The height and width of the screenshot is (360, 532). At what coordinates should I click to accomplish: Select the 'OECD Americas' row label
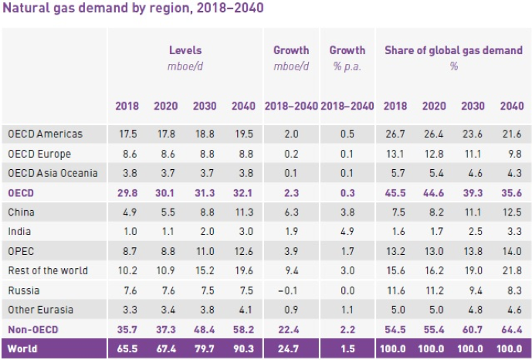click(x=45, y=134)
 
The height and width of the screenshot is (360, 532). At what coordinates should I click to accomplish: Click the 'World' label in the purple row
click(x=23, y=348)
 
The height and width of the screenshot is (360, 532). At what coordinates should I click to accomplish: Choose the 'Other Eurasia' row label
click(x=40, y=309)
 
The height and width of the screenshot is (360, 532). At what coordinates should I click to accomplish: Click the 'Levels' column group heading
click(x=185, y=50)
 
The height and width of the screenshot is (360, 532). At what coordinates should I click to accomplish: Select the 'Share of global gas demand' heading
click(x=453, y=50)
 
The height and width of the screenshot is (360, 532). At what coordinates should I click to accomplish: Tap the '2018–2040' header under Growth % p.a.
click(x=347, y=106)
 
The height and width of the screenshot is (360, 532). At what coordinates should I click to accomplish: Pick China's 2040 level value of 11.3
click(x=243, y=210)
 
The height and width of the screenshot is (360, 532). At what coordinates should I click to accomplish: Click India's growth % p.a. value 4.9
click(x=347, y=230)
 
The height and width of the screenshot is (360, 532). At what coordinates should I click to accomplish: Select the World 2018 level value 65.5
click(x=127, y=348)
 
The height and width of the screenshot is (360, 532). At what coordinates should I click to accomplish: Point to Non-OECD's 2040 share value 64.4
click(x=511, y=329)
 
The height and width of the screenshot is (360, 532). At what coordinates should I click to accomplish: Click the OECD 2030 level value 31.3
click(x=205, y=191)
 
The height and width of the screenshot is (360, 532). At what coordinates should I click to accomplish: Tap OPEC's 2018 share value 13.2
click(x=395, y=250)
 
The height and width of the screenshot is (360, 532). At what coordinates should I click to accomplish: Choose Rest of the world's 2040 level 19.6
click(x=243, y=270)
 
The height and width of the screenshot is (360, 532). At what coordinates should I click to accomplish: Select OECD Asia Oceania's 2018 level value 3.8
click(x=127, y=172)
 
